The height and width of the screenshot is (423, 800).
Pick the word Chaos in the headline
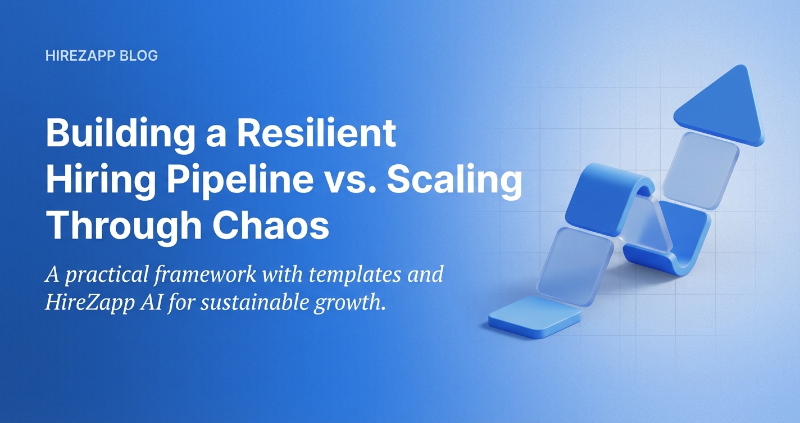[x=271, y=224]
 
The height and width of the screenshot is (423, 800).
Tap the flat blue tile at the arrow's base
[x=535, y=317]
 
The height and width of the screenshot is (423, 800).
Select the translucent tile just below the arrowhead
[x=701, y=170]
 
